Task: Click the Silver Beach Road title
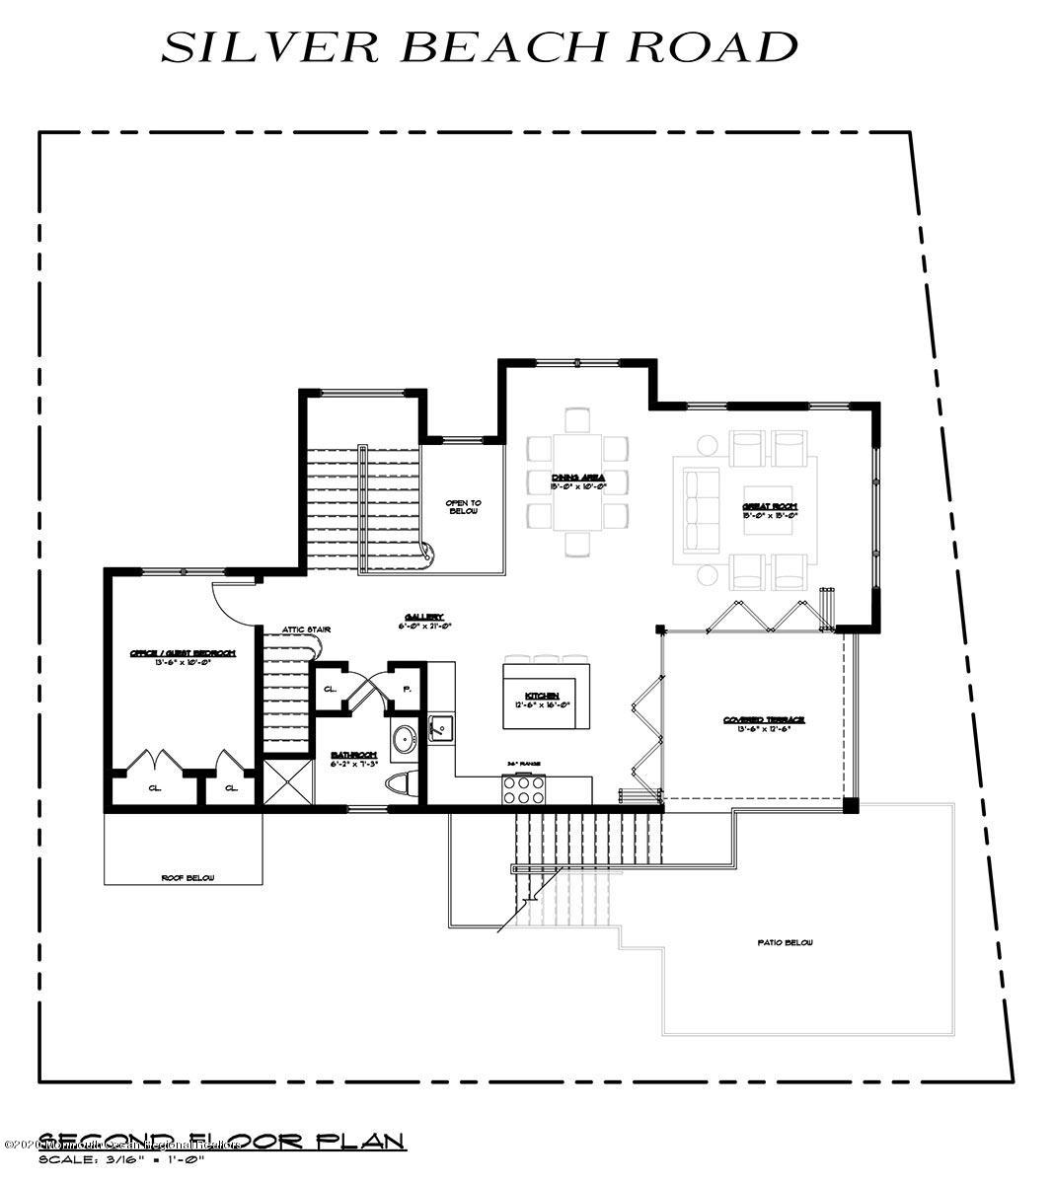click(480, 47)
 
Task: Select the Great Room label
click(770, 510)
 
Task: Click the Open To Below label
click(462, 507)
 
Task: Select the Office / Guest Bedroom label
click(183, 657)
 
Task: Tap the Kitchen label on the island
click(546, 700)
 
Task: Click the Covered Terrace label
click(764, 723)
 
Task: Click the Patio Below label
click(785, 943)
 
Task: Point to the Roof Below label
click(188, 877)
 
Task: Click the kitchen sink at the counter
click(441, 727)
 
